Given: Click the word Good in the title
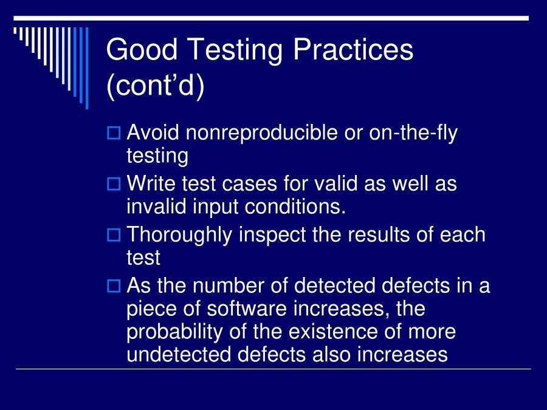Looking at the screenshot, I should click(142, 50).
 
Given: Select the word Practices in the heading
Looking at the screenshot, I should click(353, 50).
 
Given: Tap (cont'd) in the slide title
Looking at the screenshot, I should click(156, 86).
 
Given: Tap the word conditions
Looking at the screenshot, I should click(295, 207).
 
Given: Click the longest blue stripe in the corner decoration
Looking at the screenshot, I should click(86, 67).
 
